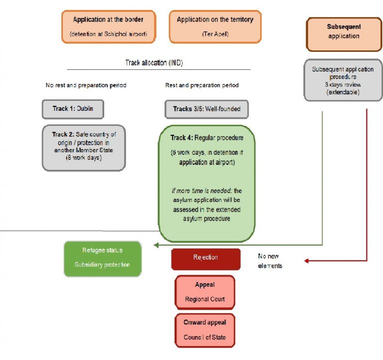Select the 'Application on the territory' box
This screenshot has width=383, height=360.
(x=215, y=26)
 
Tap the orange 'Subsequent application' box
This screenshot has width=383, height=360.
(x=344, y=34)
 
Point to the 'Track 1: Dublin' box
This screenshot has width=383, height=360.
(x=73, y=109)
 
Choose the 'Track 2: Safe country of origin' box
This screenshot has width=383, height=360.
(x=83, y=148)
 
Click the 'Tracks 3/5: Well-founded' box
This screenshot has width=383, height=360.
(x=206, y=109)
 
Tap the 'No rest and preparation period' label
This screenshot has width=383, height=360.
(x=86, y=85)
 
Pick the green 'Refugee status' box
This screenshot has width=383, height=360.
(x=102, y=258)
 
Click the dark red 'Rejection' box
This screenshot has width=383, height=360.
(x=205, y=258)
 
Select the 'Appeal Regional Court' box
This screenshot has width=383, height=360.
(x=205, y=292)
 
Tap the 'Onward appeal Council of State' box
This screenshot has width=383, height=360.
(x=204, y=330)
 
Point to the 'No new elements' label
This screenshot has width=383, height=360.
(x=270, y=261)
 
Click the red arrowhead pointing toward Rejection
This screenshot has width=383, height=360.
(x=308, y=261)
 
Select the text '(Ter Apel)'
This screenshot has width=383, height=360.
(x=215, y=33)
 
